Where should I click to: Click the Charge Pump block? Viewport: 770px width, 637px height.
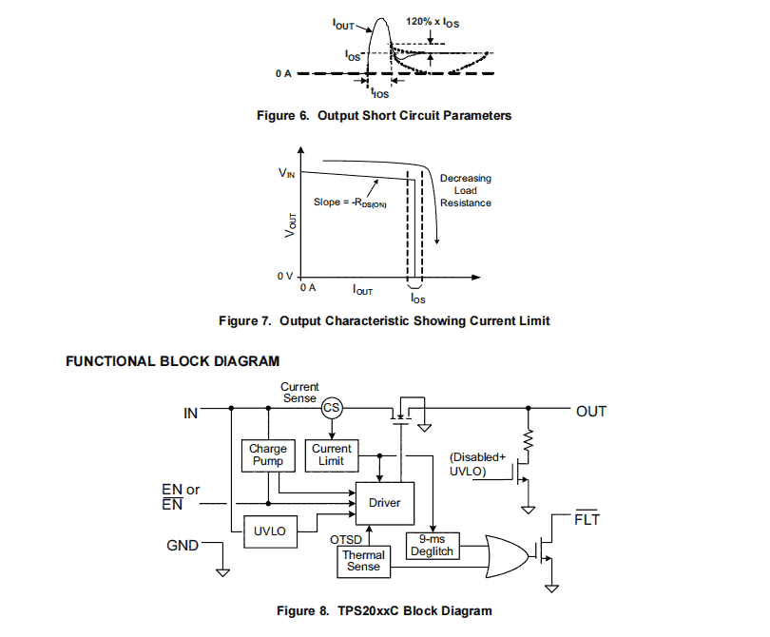[268, 454]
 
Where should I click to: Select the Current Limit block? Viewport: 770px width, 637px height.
[331, 454]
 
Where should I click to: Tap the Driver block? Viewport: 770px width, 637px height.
[384, 502]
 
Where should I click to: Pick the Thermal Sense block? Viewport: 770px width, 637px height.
[363, 561]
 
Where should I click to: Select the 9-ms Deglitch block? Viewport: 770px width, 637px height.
[433, 545]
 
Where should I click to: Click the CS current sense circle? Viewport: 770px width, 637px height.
[331, 408]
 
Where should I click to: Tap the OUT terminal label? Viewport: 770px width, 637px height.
[591, 412]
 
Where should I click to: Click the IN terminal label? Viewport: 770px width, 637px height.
[190, 414]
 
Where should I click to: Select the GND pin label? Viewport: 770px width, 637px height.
[183, 546]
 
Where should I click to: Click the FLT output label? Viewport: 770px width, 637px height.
[587, 520]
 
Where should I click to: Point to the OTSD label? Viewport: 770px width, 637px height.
[344, 538]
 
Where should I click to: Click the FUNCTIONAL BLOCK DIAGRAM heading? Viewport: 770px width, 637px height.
[173, 361]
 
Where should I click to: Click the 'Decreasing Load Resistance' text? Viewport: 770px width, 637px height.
[465, 190]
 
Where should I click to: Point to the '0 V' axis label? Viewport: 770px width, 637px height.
[283, 276]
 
